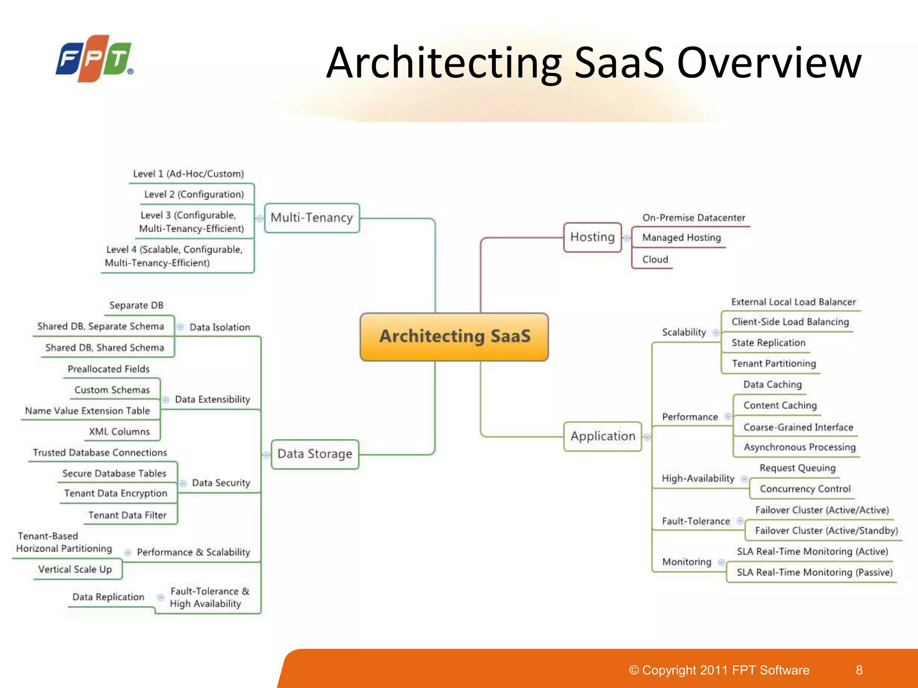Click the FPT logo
click(94, 59)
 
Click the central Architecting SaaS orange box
click(454, 337)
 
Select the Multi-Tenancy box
click(312, 218)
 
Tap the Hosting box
click(592, 237)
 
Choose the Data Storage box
click(315, 454)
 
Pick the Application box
click(602, 436)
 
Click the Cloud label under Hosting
click(655, 259)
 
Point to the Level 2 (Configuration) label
click(194, 194)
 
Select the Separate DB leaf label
click(136, 305)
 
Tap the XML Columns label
click(119, 432)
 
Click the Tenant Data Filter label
click(127, 515)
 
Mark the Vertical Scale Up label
click(75, 569)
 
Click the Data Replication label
click(108, 597)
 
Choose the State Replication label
click(768, 343)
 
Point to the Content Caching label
click(780, 405)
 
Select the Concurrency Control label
click(805, 489)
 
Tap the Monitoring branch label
click(687, 562)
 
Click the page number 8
click(859, 670)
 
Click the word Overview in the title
click(769, 63)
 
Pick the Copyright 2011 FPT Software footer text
click(719, 670)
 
